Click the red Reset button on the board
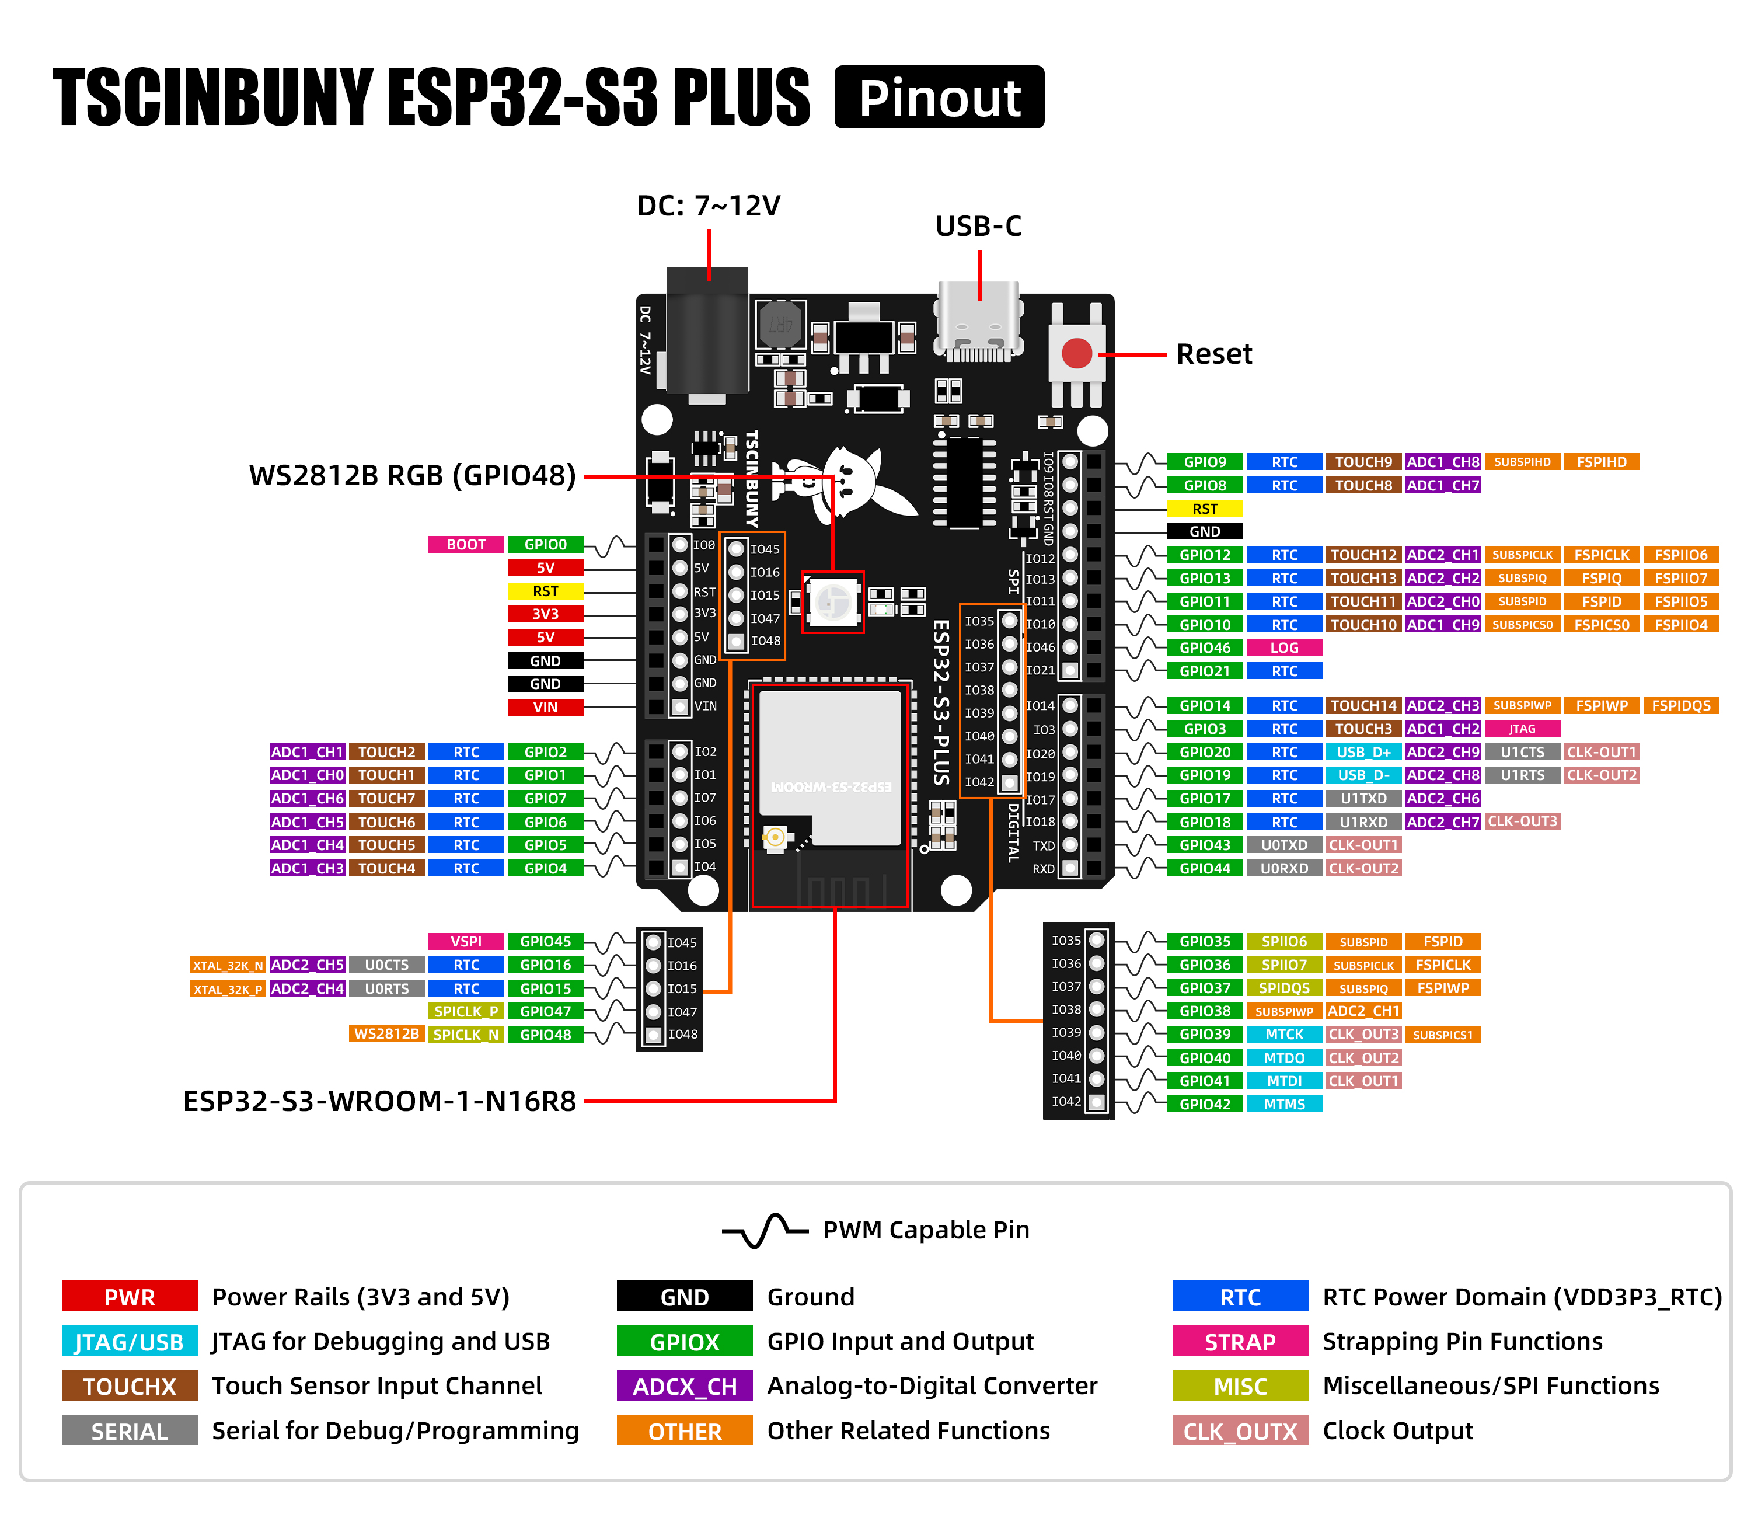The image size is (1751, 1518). tap(1076, 353)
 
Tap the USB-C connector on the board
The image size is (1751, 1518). tap(979, 326)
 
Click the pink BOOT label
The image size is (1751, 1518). tap(466, 545)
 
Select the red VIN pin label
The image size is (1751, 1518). tap(545, 707)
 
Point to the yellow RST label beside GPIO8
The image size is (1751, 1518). tap(1204, 509)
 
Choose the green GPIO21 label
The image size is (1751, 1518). tap(1204, 671)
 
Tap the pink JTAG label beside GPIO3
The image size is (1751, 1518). tap(1522, 729)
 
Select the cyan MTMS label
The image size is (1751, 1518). tap(1283, 1105)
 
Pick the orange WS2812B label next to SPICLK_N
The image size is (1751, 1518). tap(386, 1035)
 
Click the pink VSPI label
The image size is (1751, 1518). tap(466, 942)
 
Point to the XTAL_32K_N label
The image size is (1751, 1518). tap(228, 966)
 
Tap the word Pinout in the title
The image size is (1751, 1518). tap(939, 98)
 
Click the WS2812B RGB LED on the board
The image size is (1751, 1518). tap(832, 603)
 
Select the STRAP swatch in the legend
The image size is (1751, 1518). tap(1240, 1342)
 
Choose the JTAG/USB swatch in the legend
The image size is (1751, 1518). tap(130, 1342)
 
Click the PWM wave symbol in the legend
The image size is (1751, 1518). tap(764, 1230)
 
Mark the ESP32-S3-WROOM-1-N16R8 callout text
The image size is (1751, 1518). tap(379, 1101)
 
